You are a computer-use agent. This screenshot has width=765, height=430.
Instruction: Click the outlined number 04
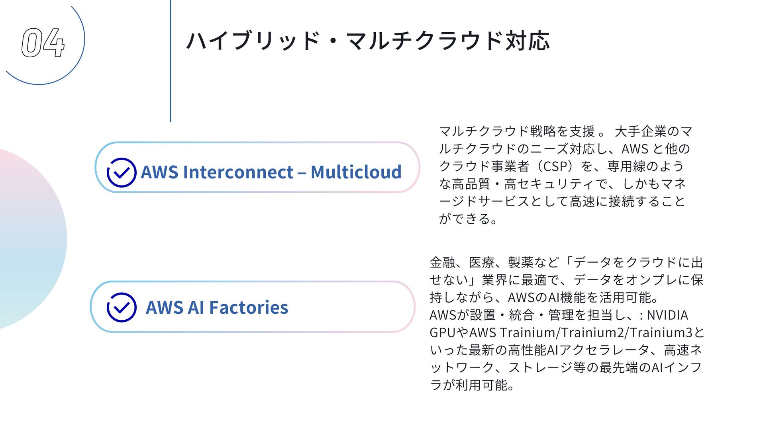coord(43,43)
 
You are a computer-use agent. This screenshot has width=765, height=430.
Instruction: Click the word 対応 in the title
coord(528,41)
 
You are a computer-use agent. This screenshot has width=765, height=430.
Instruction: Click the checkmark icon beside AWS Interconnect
coord(122,172)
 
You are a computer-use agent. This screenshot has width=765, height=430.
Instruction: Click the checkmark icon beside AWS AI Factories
coord(122,307)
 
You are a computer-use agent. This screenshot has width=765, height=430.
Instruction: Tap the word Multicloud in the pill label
coord(356,172)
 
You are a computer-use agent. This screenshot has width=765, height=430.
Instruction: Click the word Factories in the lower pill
coord(248,307)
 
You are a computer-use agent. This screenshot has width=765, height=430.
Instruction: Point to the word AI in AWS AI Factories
coord(196,307)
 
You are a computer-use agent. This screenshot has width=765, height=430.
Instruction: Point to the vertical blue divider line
coord(171,60)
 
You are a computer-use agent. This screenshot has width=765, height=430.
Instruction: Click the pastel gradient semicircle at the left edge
coord(28,239)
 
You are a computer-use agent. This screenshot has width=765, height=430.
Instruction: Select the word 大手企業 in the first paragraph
coord(641,131)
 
